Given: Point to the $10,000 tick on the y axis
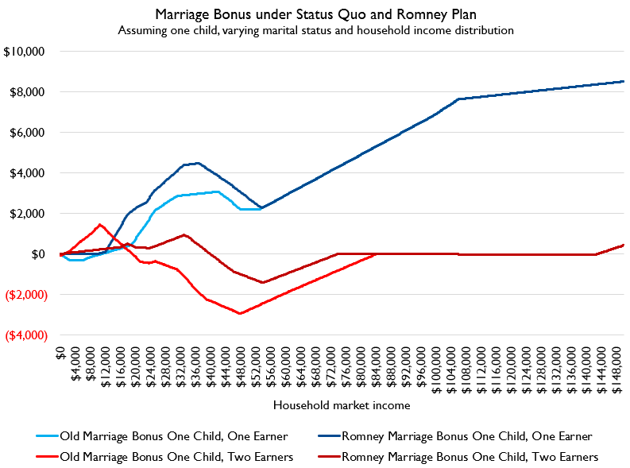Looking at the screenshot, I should coord(25,52).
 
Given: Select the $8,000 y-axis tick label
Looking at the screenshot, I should coord(29,92).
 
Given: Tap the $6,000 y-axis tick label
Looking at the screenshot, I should coord(29,133).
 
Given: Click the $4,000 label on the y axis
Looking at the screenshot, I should coord(29,173).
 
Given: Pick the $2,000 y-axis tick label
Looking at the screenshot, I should coord(29,214).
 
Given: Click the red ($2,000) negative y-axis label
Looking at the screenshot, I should coord(26,295).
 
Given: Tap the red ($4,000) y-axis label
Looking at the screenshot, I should coord(26,335).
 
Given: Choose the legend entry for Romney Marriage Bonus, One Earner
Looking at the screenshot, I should coord(466,435).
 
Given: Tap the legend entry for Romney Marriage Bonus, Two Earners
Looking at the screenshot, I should coord(469,456).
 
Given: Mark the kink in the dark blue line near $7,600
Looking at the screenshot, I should coord(458,99).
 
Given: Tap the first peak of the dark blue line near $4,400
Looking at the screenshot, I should coord(197,163).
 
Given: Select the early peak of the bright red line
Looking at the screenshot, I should coord(99,224).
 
